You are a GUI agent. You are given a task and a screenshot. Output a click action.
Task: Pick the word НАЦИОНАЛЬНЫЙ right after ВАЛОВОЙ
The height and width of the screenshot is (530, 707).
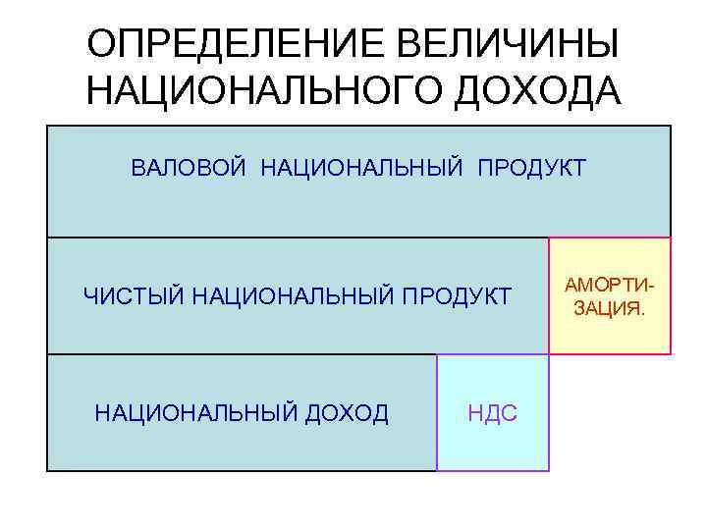click(361, 168)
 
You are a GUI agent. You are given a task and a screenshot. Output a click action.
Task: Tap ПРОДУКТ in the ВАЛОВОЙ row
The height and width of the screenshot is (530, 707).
click(531, 168)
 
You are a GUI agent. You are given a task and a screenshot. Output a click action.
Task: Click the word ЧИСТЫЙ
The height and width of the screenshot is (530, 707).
click(133, 294)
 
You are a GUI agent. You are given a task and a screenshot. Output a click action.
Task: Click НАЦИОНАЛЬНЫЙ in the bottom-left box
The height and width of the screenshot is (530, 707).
click(192, 413)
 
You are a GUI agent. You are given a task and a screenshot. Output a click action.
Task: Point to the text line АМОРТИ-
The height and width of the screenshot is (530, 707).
click(609, 286)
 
